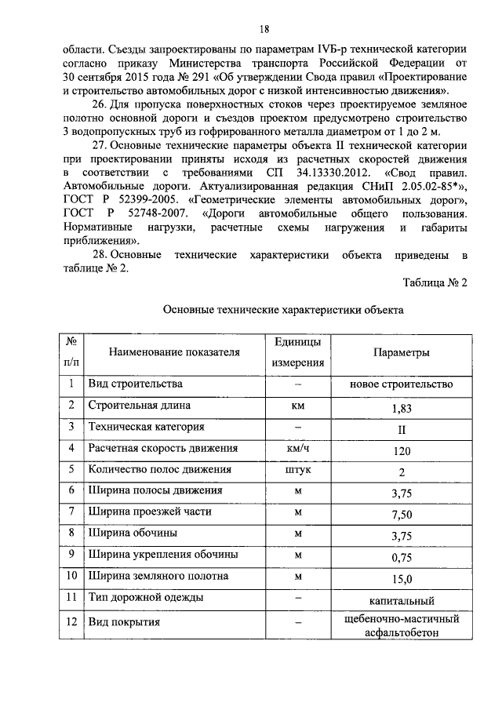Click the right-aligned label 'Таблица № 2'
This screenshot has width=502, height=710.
click(435, 283)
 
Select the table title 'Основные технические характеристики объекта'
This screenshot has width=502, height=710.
click(282, 310)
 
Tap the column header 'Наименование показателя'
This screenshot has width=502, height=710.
click(173, 352)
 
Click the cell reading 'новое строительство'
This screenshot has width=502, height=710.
click(402, 384)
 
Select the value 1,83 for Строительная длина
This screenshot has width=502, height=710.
click(402, 408)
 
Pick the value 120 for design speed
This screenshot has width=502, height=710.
click(402, 451)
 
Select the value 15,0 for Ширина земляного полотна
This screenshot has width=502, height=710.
click(402, 579)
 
